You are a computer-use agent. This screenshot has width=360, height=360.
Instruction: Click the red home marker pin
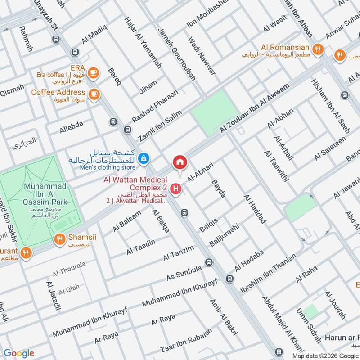(x=180, y=162)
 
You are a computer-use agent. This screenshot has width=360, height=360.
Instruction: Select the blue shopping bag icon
(x=144, y=158)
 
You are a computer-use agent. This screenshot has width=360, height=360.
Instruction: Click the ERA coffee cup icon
(x=93, y=72)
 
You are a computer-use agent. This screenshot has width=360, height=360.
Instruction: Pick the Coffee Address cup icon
(x=94, y=93)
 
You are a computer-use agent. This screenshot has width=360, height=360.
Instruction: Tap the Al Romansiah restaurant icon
(x=318, y=49)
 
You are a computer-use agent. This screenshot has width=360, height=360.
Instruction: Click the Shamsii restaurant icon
(x=58, y=239)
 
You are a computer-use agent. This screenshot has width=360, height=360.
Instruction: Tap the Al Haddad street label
(x=255, y=209)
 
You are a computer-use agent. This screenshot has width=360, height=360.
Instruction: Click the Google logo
(x=19, y=353)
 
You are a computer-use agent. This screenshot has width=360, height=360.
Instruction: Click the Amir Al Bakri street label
(x=223, y=317)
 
